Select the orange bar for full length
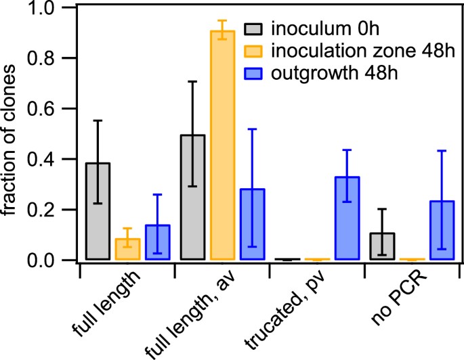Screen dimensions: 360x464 coord(127,249)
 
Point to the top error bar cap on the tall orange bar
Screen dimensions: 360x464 coord(222,21)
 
